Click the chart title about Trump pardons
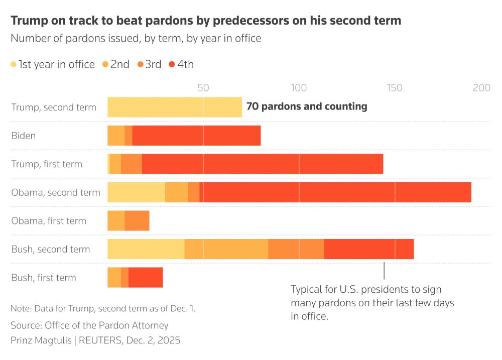click(206, 21)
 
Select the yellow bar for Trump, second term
click(174, 107)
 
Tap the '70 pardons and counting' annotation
click(307, 106)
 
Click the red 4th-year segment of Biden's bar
click(196, 136)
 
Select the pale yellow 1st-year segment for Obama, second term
click(136, 192)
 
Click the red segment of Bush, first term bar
click(146, 278)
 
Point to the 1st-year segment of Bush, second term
click(146, 249)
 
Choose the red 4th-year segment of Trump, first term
click(262, 164)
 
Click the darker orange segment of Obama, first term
click(137, 221)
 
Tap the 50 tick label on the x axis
click(203, 87)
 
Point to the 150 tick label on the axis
click(395, 87)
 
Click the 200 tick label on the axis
click(481, 87)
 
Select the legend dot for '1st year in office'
click(14, 64)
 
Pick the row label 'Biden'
click(23, 136)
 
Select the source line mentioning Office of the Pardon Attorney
click(89, 325)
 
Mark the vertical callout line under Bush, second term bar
click(384, 271)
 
